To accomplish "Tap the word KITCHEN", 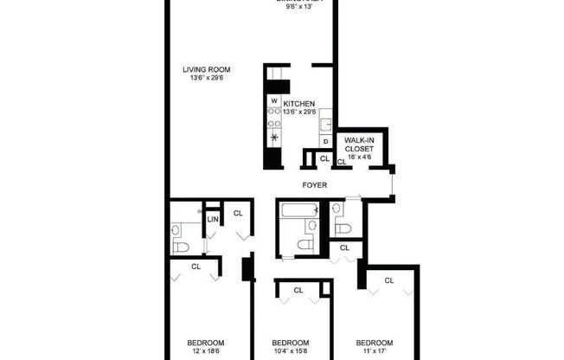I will pyautogui.click(x=298, y=104).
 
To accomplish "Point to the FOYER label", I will pyautogui.click(x=313, y=185).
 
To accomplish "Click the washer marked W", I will pyautogui.click(x=274, y=101).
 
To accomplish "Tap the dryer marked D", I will pyautogui.click(x=325, y=141).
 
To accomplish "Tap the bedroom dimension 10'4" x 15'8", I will pyautogui.click(x=291, y=350).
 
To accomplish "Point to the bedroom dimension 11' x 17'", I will pyautogui.click(x=375, y=350).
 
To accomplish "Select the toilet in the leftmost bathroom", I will pyautogui.click(x=180, y=247).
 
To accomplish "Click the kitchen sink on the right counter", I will pyautogui.click(x=325, y=120).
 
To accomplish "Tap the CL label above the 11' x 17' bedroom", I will pyautogui.click(x=389, y=280).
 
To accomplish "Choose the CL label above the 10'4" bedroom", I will pyautogui.click(x=298, y=290).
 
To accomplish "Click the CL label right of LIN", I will pyautogui.click(x=238, y=213).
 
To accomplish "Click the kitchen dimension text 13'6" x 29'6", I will pyautogui.click(x=298, y=112).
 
